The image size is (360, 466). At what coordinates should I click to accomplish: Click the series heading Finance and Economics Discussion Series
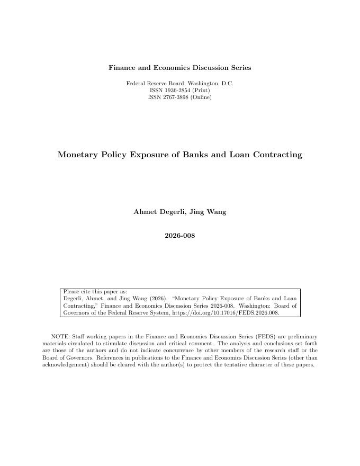(x=179, y=68)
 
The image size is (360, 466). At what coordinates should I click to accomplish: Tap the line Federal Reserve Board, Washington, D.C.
(x=179, y=84)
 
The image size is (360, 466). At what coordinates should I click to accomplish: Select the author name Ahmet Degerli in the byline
(x=155, y=212)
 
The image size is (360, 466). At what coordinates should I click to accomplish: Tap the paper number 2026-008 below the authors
(x=179, y=236)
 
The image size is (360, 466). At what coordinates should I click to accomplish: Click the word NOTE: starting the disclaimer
(x=59, y=337)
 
